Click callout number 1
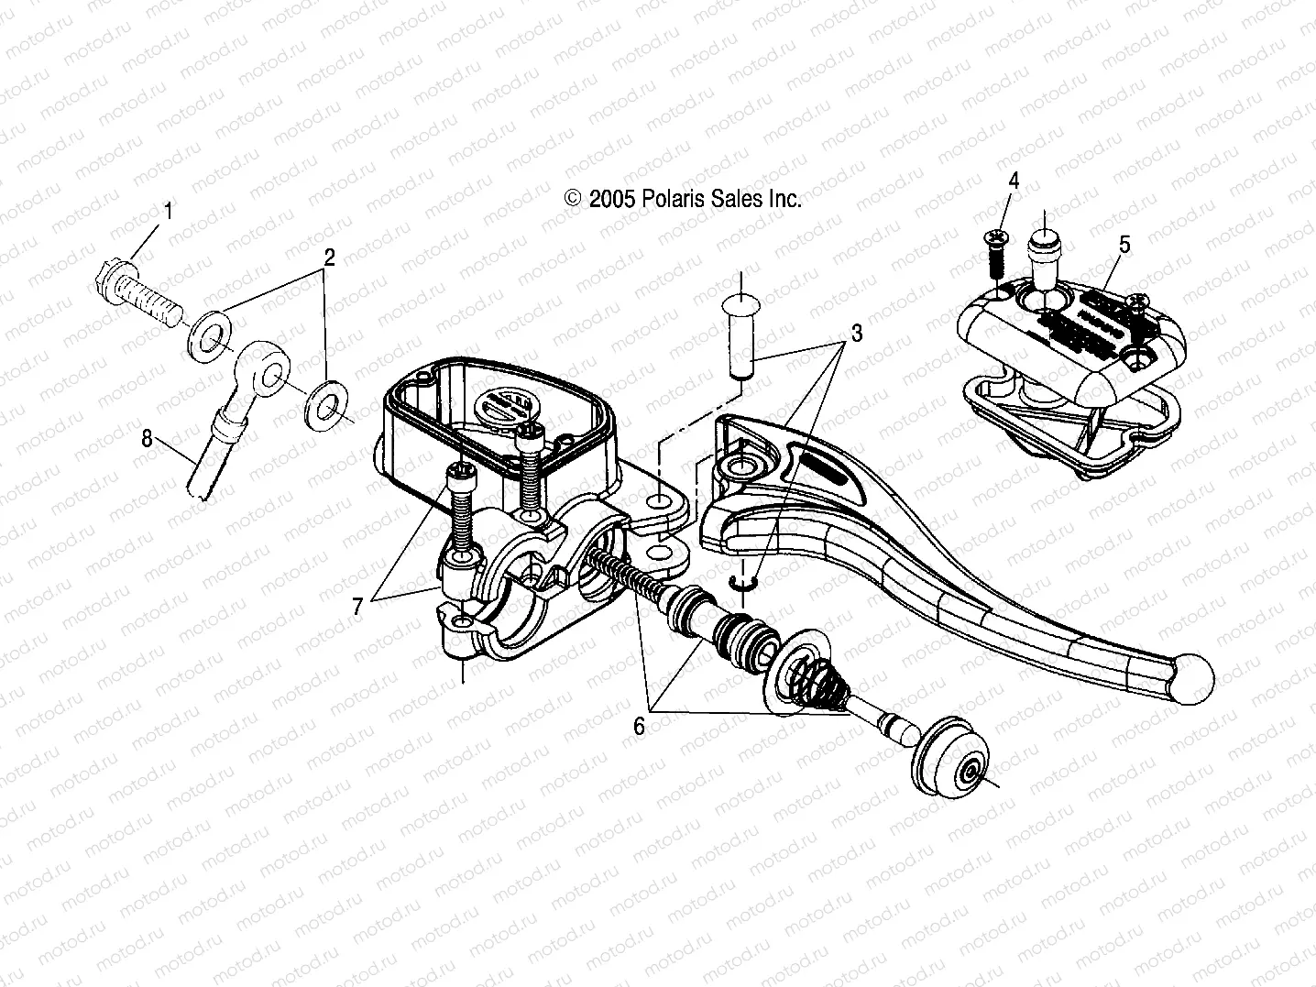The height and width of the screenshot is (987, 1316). point(167,212)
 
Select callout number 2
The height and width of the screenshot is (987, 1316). point(327,258)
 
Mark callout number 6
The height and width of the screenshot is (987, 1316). point(639,726)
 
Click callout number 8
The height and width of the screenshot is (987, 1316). point(147,438)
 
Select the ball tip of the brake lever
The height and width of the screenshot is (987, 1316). point(1192,679)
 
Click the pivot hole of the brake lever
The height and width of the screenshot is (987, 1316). point(737,468)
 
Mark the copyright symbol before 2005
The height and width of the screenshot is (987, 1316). point(574,199)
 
